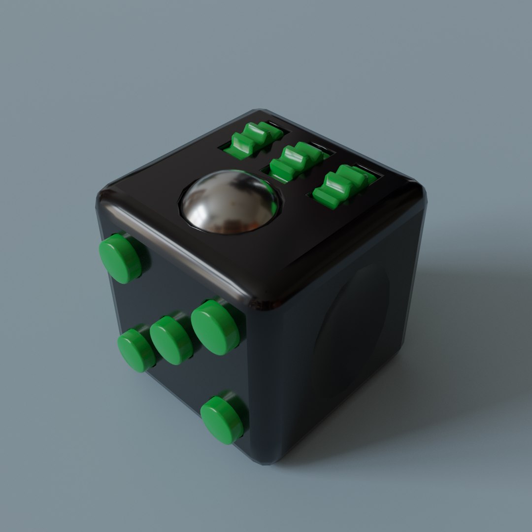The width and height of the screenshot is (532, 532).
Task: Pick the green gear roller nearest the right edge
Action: tap(342, 186)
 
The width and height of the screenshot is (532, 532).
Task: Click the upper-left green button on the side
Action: tap(120, 258)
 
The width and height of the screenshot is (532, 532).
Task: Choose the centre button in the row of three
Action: tap(171, 340)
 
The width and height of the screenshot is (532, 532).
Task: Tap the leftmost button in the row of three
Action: tap(136, 350)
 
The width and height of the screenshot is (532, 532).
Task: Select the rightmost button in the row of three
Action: tap(215, 327)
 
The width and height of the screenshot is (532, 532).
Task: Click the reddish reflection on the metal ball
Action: tap(249, 224)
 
